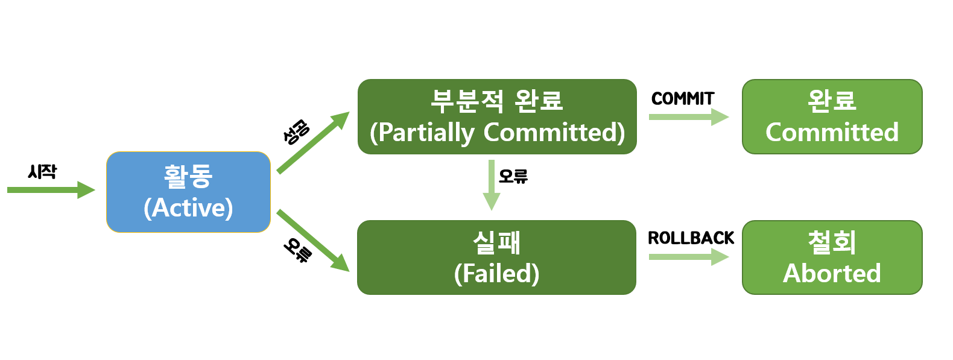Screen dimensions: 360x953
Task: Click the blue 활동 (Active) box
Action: point(188,192)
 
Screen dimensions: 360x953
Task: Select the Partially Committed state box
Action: point(497,116)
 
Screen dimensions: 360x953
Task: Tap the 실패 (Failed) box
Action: point(496,257)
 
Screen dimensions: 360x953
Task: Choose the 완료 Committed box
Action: point(832,116)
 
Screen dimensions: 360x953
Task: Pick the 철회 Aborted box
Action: point(832,257)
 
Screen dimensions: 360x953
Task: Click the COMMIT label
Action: point(683,98)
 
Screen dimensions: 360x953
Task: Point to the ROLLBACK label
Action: point(691,238)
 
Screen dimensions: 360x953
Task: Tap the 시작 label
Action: point(42,172)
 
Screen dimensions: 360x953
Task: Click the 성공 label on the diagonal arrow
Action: point(296,132)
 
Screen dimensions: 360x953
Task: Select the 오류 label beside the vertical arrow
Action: point(513,176)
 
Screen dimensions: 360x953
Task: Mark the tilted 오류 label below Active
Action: point(298,250)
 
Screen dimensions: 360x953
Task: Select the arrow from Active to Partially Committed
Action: point(312,142)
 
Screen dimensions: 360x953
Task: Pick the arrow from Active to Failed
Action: point(312,240)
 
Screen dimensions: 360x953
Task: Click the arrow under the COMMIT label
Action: point(688,117)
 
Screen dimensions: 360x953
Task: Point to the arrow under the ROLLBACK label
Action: point(688,257)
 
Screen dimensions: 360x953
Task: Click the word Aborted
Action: point(832,273)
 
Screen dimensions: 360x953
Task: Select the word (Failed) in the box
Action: point(496,273)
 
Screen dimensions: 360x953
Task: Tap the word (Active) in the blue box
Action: point(188,208)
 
